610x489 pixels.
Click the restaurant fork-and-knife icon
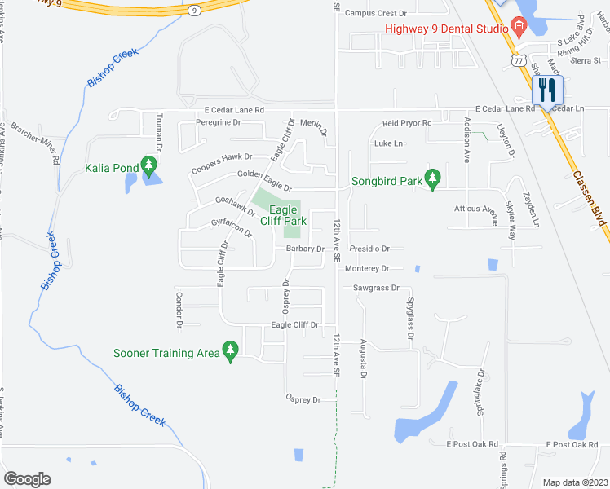pyautogui.click(x=547, y=89)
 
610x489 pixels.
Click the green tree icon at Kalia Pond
pyautogui.click(x=148, y=166)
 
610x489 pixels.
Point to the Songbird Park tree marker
pyautogui.click(x=433, y=178)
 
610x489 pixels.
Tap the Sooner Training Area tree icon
pyautogui.click(x=230, y=350)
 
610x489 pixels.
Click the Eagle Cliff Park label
pyautogui.click(x=283, y=215)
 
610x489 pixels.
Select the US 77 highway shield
pyautogui.click(x=517, y=60)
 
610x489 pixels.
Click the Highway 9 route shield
pyautogui.click(x=193, y=10)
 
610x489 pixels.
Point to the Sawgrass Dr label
pyautogui.click(x=376, y=288)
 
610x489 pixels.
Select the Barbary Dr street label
pyautogui.click(x=305, y=249)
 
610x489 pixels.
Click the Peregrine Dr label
pyautogui.click(x=219, y=122)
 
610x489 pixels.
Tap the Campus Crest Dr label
pyautogui.click(x=375, y=13)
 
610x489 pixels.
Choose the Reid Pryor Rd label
pyautogui.click(x=406, y=123)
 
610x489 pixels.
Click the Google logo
pyautogui.click(x=27, y=479)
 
